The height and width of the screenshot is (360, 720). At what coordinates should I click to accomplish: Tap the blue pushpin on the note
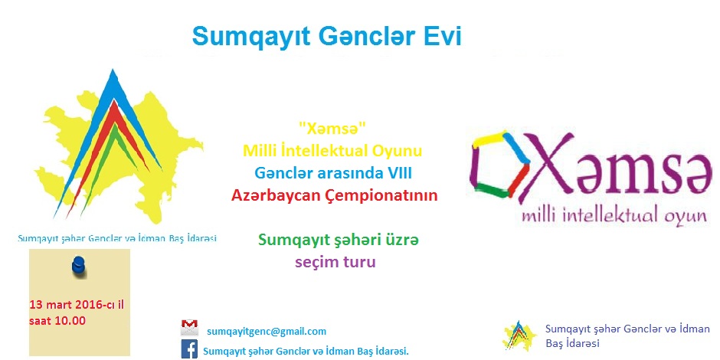(80, 267)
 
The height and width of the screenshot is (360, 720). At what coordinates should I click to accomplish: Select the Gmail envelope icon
(189, 327)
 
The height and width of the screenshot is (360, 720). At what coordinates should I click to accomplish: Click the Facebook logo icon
(189, 349)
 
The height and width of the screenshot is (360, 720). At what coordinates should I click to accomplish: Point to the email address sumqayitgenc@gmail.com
(267, 332)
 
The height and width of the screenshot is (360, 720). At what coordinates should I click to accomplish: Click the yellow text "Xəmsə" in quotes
(333, 129)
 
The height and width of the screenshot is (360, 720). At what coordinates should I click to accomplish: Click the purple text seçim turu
(335, 262)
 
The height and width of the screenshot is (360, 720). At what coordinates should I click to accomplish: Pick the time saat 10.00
(57, 320)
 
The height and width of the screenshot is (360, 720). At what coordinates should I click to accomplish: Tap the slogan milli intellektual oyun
(614, 216)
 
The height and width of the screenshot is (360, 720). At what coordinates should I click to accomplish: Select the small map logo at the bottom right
(520, 335)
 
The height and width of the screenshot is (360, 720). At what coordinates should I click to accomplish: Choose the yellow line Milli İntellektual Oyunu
(332, 151)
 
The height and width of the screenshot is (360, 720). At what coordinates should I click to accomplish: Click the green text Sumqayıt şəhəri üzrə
(339, 241)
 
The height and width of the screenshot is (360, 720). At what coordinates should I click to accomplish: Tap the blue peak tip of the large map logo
(112, 70)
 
